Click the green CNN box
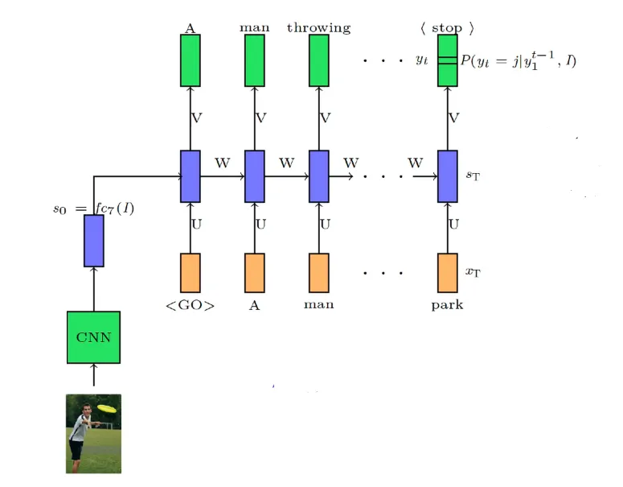pos(93,337)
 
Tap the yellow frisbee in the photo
pos(107,408)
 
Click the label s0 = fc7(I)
pos(93,208)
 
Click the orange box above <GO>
pos(191,273)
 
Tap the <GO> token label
pos(191,305)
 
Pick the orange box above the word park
pos(448,273)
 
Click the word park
pos(447,306)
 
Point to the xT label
pos(473,271)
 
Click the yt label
pos(421,60)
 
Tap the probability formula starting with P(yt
pos(518,60)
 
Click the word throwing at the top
pos(318,28)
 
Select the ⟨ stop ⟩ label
pos(447,28)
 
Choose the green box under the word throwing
pos(319,60)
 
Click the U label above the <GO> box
pos(196,224)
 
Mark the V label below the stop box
pos(453,118)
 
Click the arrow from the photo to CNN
pos(94,377)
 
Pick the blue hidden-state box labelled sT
pos(448,176)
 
